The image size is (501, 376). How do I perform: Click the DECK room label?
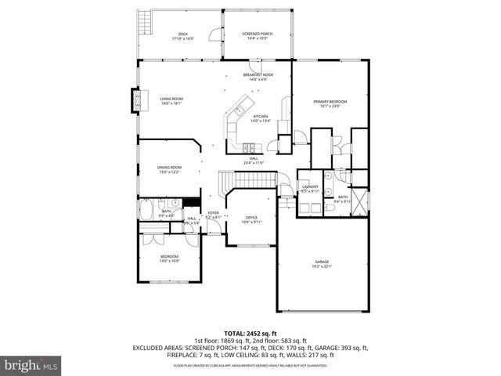pos(182,36)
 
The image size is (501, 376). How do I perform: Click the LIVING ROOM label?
pos(171,101)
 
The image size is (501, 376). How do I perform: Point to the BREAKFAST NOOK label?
pos(258,77)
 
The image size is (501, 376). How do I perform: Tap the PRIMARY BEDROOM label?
pos(330,103)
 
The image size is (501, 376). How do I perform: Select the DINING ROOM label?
pos(170,168)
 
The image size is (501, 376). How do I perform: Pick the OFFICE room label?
pos(251,219)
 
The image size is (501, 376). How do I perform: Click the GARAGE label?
pos(323,266)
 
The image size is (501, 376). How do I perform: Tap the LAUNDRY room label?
pos(310,189)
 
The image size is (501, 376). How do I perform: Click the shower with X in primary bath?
pos(359,201)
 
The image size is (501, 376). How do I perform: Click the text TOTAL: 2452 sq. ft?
pos(250,333)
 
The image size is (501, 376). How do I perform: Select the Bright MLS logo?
pos(31,365)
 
